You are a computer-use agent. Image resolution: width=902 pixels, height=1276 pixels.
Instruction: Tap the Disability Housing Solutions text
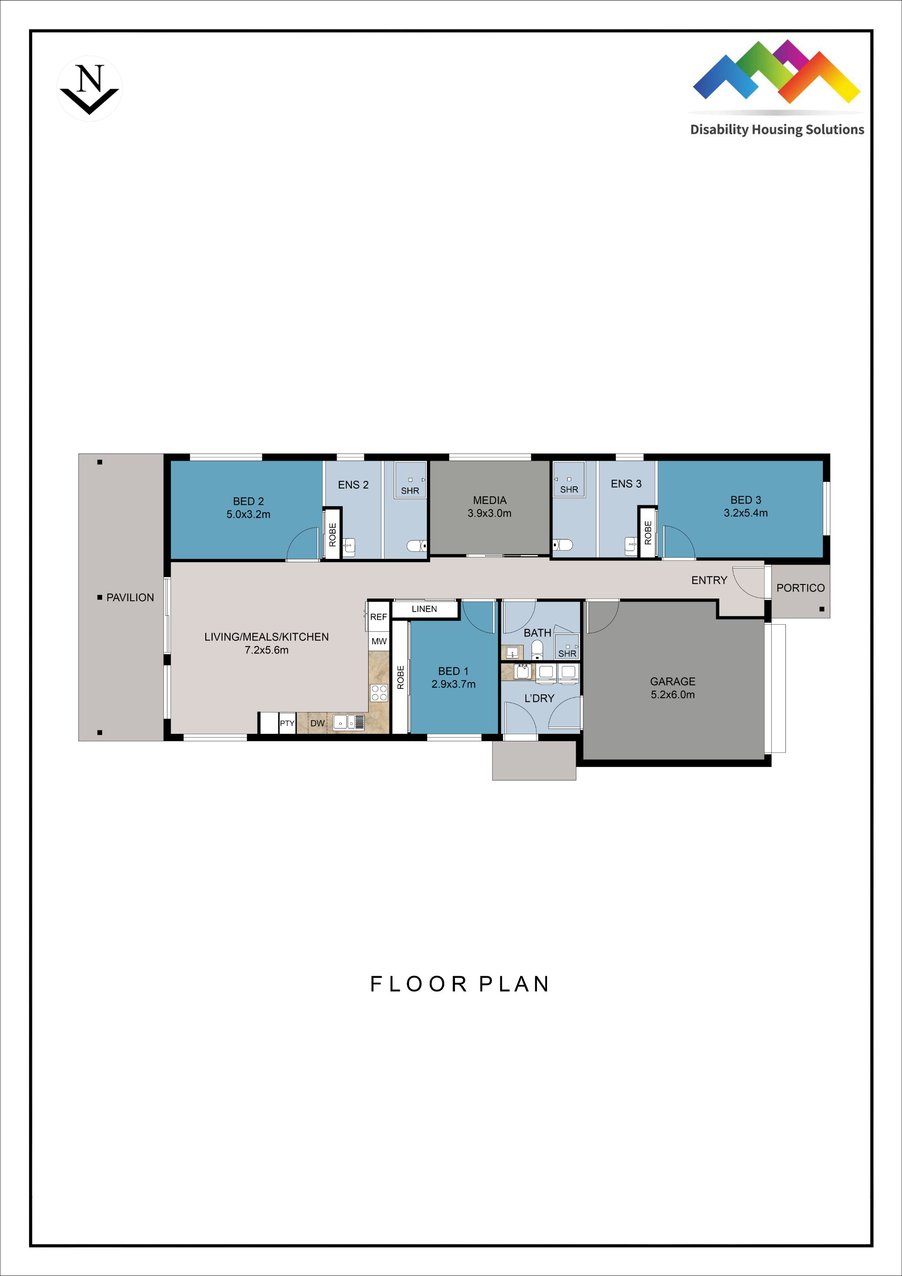tap(776, 129)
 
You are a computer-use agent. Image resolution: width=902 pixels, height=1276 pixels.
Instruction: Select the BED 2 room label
tap(248, 507)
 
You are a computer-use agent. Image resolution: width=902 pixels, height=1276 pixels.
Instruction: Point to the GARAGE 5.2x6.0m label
tap(673, 688)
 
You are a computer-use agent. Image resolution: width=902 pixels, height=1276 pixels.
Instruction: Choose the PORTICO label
tap(800, 588)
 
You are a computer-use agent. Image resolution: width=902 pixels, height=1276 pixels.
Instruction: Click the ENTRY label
tap(709, 580)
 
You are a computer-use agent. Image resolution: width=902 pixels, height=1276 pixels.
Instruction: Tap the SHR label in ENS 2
tap(410, 491)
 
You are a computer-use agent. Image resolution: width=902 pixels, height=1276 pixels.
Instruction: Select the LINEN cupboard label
tap(424, 609)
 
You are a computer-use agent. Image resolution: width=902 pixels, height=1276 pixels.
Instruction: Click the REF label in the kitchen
tap(378, 617)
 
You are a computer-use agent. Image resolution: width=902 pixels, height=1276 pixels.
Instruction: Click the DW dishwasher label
tap(318, 723)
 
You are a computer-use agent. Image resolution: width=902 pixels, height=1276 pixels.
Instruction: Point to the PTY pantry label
tap(287, 723)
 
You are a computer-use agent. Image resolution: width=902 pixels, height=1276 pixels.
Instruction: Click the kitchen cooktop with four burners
tap(379, 693)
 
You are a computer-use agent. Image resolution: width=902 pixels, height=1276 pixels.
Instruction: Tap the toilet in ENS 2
tap(416, 546)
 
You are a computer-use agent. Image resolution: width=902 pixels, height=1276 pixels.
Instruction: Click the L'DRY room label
tap(539, 698)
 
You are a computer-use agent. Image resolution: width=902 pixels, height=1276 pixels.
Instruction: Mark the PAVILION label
tap(129, 597)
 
